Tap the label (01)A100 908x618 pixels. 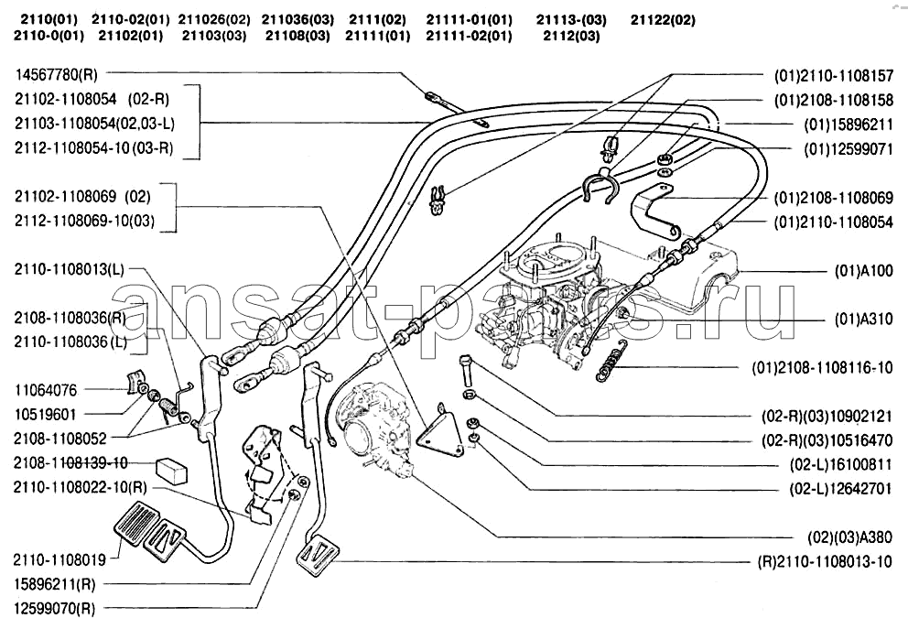point(863,271)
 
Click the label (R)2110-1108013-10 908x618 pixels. point(824,561)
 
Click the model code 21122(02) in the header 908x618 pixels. point(663,18)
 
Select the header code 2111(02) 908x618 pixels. point(375,18)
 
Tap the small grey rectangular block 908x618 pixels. point(172,469)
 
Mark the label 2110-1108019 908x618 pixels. point(60,558)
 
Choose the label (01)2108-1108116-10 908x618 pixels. point(822,368)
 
